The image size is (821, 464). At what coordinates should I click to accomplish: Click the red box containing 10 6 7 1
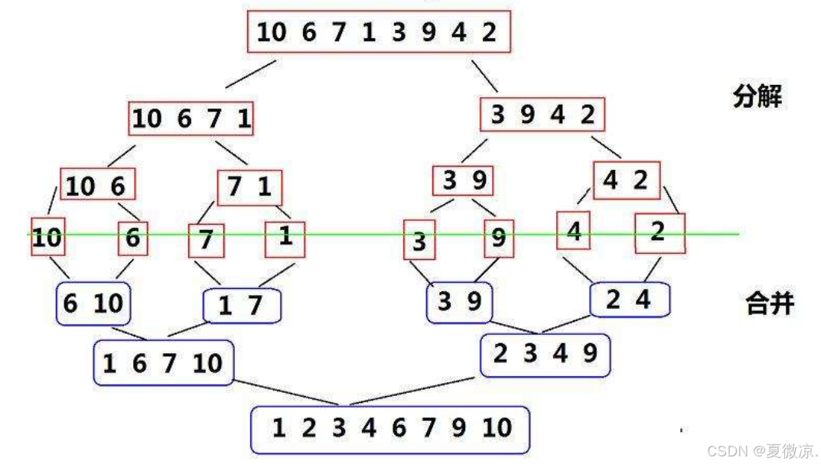191,118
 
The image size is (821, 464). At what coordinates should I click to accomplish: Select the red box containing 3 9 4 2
542,115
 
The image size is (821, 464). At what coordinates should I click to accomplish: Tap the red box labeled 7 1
249,187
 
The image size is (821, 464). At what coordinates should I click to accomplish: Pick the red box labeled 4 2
625,181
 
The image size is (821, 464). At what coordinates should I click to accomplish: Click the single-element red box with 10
47,238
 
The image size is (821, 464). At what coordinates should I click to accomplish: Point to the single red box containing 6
133,238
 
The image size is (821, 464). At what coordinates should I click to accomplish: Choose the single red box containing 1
285,238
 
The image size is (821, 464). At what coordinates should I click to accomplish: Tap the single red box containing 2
660,232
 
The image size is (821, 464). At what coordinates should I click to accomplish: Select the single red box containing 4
574,230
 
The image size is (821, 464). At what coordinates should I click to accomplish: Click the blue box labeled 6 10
93,303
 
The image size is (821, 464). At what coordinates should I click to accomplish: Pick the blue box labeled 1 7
242,307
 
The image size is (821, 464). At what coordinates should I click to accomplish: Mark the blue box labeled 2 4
629,300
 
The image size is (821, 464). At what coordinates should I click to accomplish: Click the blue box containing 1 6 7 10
163,362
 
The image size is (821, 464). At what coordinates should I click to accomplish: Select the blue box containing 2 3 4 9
545,355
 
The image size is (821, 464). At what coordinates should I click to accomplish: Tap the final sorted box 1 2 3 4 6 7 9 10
390,430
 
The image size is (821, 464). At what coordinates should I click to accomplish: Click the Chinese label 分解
757,97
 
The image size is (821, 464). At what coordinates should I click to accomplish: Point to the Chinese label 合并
769,303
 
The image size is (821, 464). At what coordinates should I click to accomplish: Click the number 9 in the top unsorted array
428,32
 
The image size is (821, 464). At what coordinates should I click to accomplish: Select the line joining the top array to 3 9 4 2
484,76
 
